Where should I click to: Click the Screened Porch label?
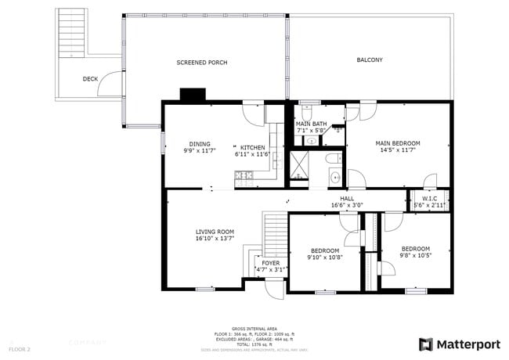point(201,63)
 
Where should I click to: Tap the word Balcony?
point(370,60)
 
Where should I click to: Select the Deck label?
point(90,79)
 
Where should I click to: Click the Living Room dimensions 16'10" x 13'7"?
point(215,238)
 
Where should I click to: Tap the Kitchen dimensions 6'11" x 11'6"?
point(252,154)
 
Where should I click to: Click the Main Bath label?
point(311,124)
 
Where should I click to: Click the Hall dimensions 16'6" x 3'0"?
point(347,205)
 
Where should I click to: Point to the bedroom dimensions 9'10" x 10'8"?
point(325,257)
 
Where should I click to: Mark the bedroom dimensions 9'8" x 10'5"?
point(416,254)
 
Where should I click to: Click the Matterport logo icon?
point(426,344)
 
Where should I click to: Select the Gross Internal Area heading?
point(254,328)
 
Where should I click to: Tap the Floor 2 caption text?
point(20,348)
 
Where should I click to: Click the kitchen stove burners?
point(244,176)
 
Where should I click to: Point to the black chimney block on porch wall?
point(192,95)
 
